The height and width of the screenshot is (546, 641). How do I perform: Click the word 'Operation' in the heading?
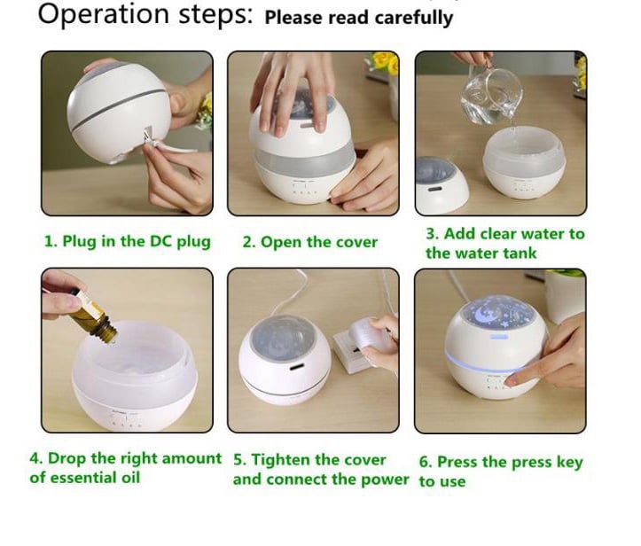(103, 14)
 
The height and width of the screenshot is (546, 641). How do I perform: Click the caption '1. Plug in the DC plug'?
(127, 241)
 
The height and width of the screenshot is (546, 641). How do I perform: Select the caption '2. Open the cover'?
(310, 241)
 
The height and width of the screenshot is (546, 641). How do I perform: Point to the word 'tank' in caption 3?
(520, 253)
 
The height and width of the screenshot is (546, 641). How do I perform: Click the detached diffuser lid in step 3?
(441, 185)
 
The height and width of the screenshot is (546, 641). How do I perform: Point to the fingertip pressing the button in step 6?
(510, 381)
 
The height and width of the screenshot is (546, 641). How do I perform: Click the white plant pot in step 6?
(566, 295)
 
